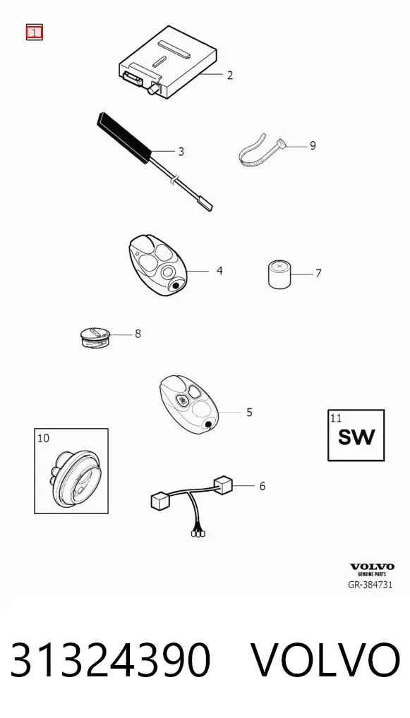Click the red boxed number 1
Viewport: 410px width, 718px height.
[34, 32]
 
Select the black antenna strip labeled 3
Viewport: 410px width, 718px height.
[123, 138]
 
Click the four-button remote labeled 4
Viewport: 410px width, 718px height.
[157, 265]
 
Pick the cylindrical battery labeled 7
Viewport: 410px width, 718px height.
[279, 274]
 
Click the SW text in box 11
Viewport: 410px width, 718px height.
[356, 437]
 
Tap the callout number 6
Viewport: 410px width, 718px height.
[262, 486]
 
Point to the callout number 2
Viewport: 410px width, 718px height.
[230, 75]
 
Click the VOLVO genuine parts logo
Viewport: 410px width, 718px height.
[371, 570]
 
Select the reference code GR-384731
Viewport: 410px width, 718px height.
[370, 585]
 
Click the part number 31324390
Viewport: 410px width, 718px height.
[110, 660]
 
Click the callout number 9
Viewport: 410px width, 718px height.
[313, 145]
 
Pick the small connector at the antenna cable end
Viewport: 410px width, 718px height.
[205, 206]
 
